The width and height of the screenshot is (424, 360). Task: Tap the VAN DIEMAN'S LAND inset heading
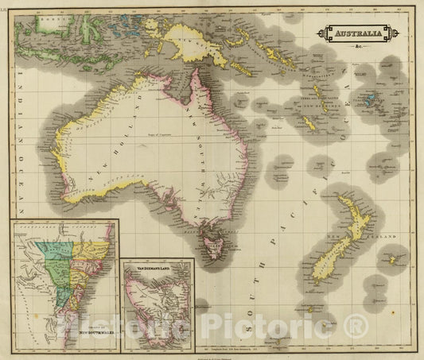click(159, 269)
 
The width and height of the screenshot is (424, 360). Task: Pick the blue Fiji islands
click(370, 100)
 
